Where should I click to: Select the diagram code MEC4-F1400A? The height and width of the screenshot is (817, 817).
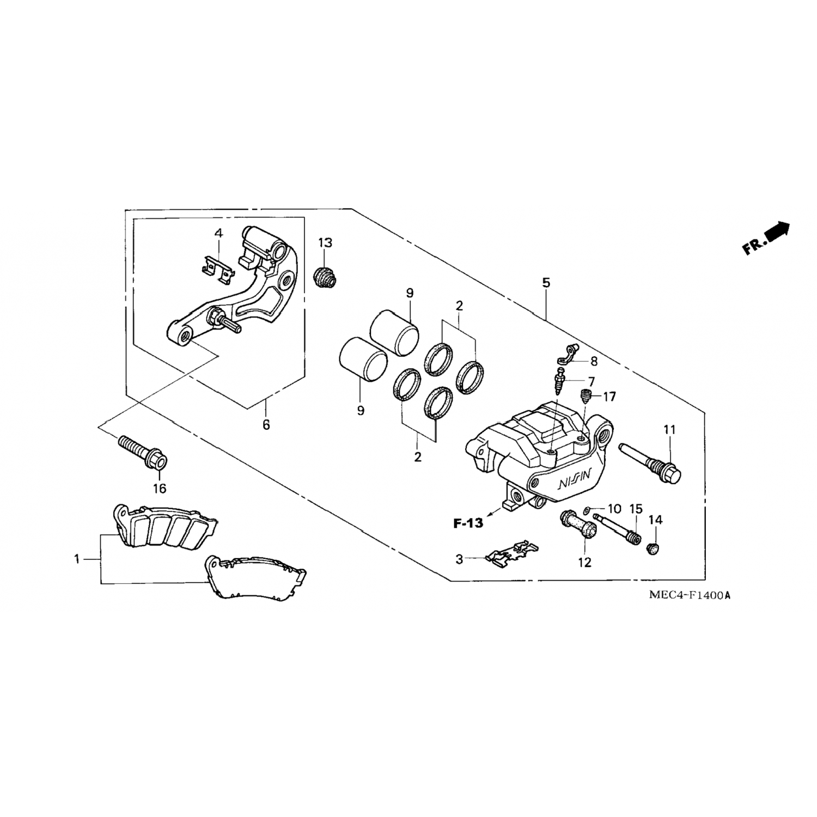pos(689,595)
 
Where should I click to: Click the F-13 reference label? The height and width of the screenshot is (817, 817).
pos(468,523)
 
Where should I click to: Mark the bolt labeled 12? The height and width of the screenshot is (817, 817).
pos(577,523)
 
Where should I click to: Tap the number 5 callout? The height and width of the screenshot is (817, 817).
pos(546,283)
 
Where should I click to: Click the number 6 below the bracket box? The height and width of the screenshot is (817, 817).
pos(266,424)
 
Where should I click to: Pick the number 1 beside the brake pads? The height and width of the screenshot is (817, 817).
pos(77,558)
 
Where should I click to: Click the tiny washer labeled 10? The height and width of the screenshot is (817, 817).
pos(586,510)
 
